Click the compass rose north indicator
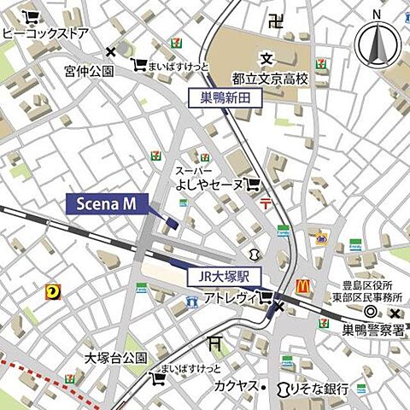click(x=377, y=43)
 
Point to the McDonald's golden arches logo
click(x=303, y=287)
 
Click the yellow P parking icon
click(x=53, y=292)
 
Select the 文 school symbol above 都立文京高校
click(x=266, y=59)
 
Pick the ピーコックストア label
click(x=44, y=34)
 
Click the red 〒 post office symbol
click(x=266, y=202)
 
